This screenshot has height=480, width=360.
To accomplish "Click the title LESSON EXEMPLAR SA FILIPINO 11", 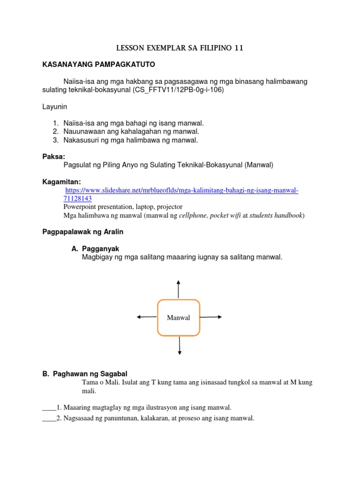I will coord(180,48).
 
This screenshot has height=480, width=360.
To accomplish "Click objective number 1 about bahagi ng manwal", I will coord(134,123).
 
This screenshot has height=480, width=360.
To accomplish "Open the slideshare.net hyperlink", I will coord(181,190).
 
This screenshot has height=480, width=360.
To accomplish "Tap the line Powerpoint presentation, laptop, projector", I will coord(123,206).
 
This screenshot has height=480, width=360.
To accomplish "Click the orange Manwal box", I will coord(178,317).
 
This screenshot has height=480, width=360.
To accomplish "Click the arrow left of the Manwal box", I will coord(146,317).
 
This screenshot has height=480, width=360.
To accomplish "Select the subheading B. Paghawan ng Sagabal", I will coord(85,374).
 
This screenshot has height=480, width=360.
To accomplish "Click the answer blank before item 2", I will coord(49,419).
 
